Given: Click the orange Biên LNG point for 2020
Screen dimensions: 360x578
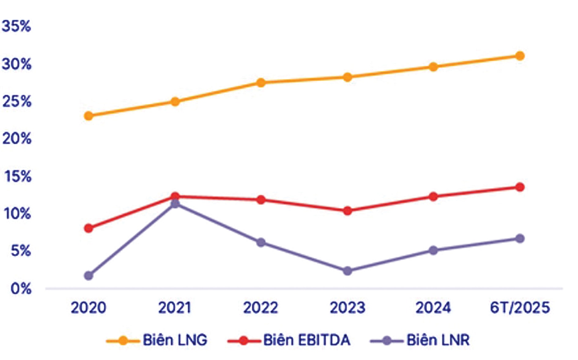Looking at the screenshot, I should pyautogui.click(x=89, y=116).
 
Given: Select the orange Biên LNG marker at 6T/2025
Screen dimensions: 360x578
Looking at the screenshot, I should pyautogui.click(x=520, y=56).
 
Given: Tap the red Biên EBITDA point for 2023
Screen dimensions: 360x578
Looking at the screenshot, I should pyautogui.click(x=347, y=211).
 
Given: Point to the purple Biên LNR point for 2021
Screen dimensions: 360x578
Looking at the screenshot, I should pyautogui.click(x=175, y=204).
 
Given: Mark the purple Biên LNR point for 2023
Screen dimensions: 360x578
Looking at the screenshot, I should pyautogui.click(x=347, y=271).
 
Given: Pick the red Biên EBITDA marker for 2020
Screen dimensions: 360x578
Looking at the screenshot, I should pyautogui.click(x=89, y=228).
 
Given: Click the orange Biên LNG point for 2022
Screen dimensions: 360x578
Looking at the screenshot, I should pyautogui.click(x=261, y=83).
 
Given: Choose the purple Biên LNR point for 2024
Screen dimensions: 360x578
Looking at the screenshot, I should pyautogui.click(x=433, y=251).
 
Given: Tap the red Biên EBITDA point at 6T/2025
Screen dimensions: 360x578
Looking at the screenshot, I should pyautogui.click(x=520, y=187).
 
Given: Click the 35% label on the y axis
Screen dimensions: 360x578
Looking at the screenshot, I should pyautogui.click(x=17, y=26).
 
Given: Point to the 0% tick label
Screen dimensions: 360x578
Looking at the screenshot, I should pyautogui.click(x=21, y=289).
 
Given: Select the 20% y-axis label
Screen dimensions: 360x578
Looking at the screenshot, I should pyautogui.click(x=17, y=139).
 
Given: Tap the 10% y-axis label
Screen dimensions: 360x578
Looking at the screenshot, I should pyautogui.click(x=17, y=214).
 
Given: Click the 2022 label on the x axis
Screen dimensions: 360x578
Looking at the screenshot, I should pyautogui.click(x=261, y=308).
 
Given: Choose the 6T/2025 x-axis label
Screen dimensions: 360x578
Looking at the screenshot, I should pyautogui.click(x=520, y=308).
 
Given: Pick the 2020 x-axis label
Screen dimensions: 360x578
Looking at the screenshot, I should pyautogui.click(x=88, y=308).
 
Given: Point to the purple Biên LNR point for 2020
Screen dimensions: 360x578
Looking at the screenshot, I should pyautogui.click(x=89, y=276).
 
